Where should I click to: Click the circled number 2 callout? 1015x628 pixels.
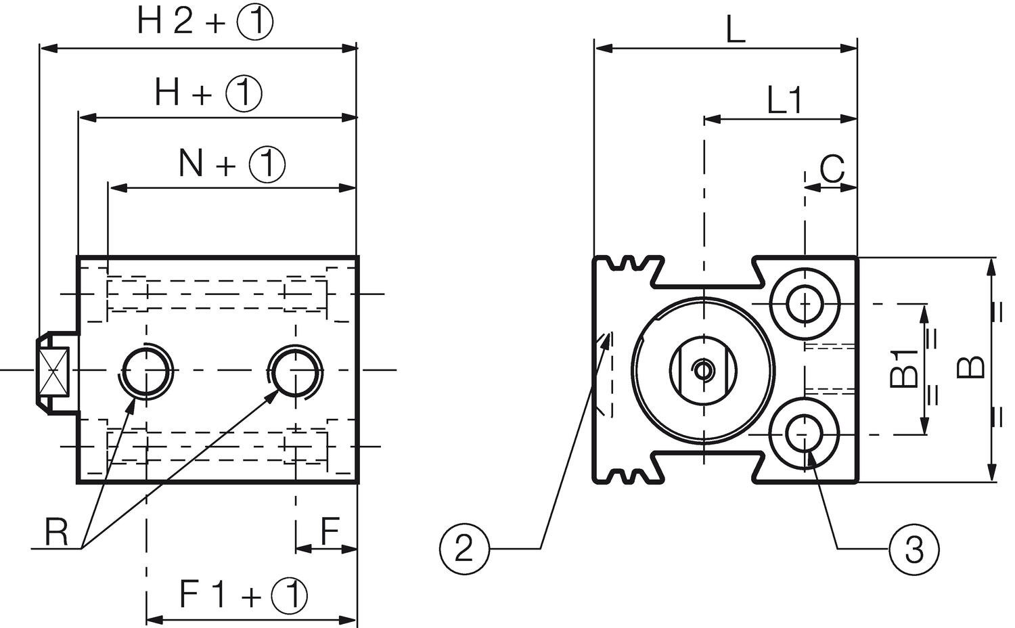pos(463,549)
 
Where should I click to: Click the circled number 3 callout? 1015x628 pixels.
pos(913,549)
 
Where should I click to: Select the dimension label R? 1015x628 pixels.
pos(57,533)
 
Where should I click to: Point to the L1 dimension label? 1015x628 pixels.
pos(785,101)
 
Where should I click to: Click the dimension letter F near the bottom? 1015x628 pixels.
pos(330,532)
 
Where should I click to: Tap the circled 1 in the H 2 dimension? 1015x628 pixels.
pos(254,22)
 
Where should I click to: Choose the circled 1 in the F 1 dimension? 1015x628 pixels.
pos(289,596)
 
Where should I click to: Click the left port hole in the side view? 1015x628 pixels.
pos(146,370)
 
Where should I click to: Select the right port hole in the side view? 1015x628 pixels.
pos(295,370)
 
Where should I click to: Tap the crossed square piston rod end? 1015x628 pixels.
pos(54,371)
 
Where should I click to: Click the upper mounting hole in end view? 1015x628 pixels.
pos(805,304)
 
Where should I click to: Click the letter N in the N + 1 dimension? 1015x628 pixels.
pos(191,163)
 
